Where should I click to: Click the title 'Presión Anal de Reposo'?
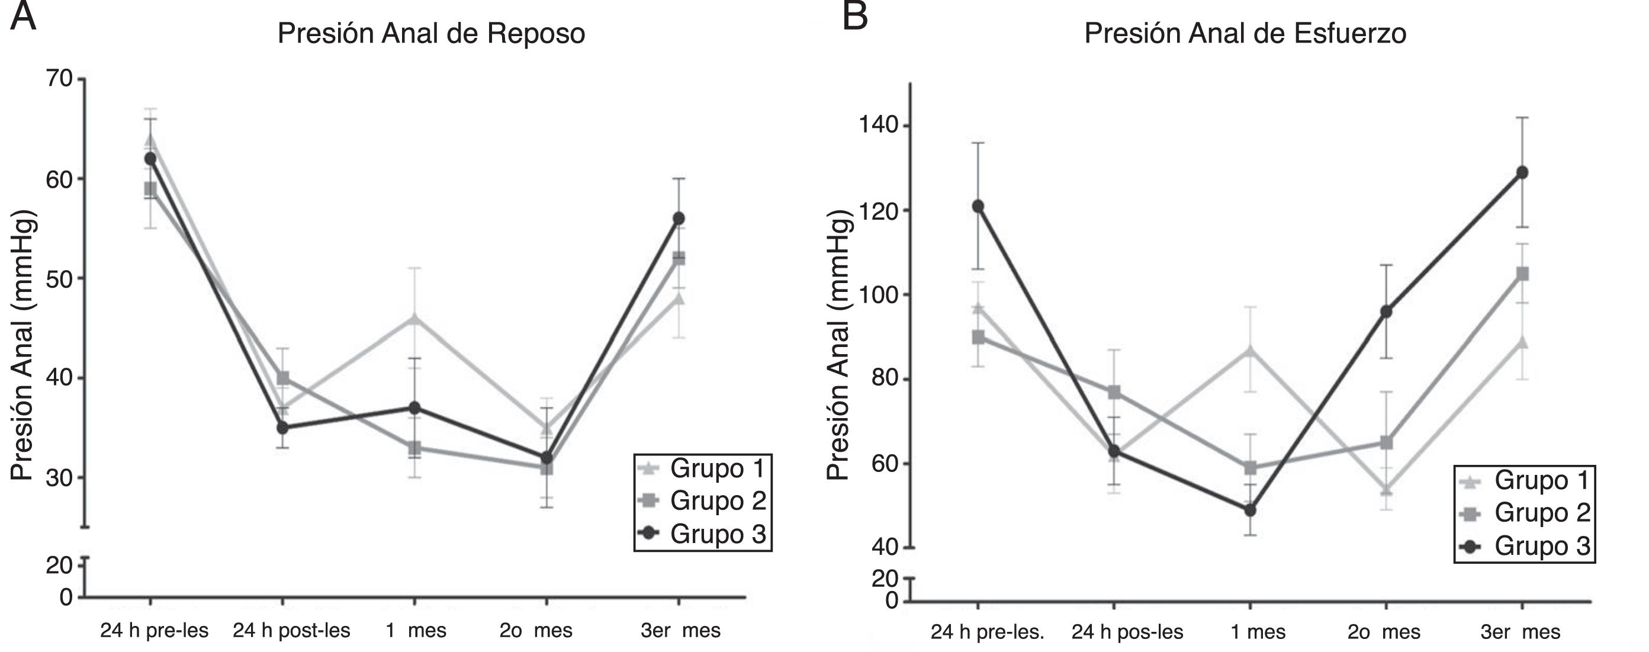coord(431,33)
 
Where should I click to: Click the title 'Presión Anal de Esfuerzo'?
coord(1245,33)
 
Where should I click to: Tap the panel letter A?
coord(23,17)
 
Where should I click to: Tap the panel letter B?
coord(854,17)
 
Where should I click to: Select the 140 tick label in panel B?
coord(878,126)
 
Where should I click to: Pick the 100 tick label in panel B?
coord(878,296)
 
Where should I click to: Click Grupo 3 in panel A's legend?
coord(718,534)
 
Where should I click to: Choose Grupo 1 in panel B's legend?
coord(1542,480)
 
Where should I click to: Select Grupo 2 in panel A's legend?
coord(718,501)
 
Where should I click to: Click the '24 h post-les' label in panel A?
coord(291,631)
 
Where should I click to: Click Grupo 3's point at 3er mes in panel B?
coord(1522,172)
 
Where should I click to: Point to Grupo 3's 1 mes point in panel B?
coord(1249,510)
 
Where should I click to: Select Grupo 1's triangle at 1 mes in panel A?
coord(414,319)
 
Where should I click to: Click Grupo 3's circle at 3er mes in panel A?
coord(679,219)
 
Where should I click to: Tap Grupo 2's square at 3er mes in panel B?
coord(1522,274)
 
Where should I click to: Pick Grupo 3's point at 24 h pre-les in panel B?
coord(978,206)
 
